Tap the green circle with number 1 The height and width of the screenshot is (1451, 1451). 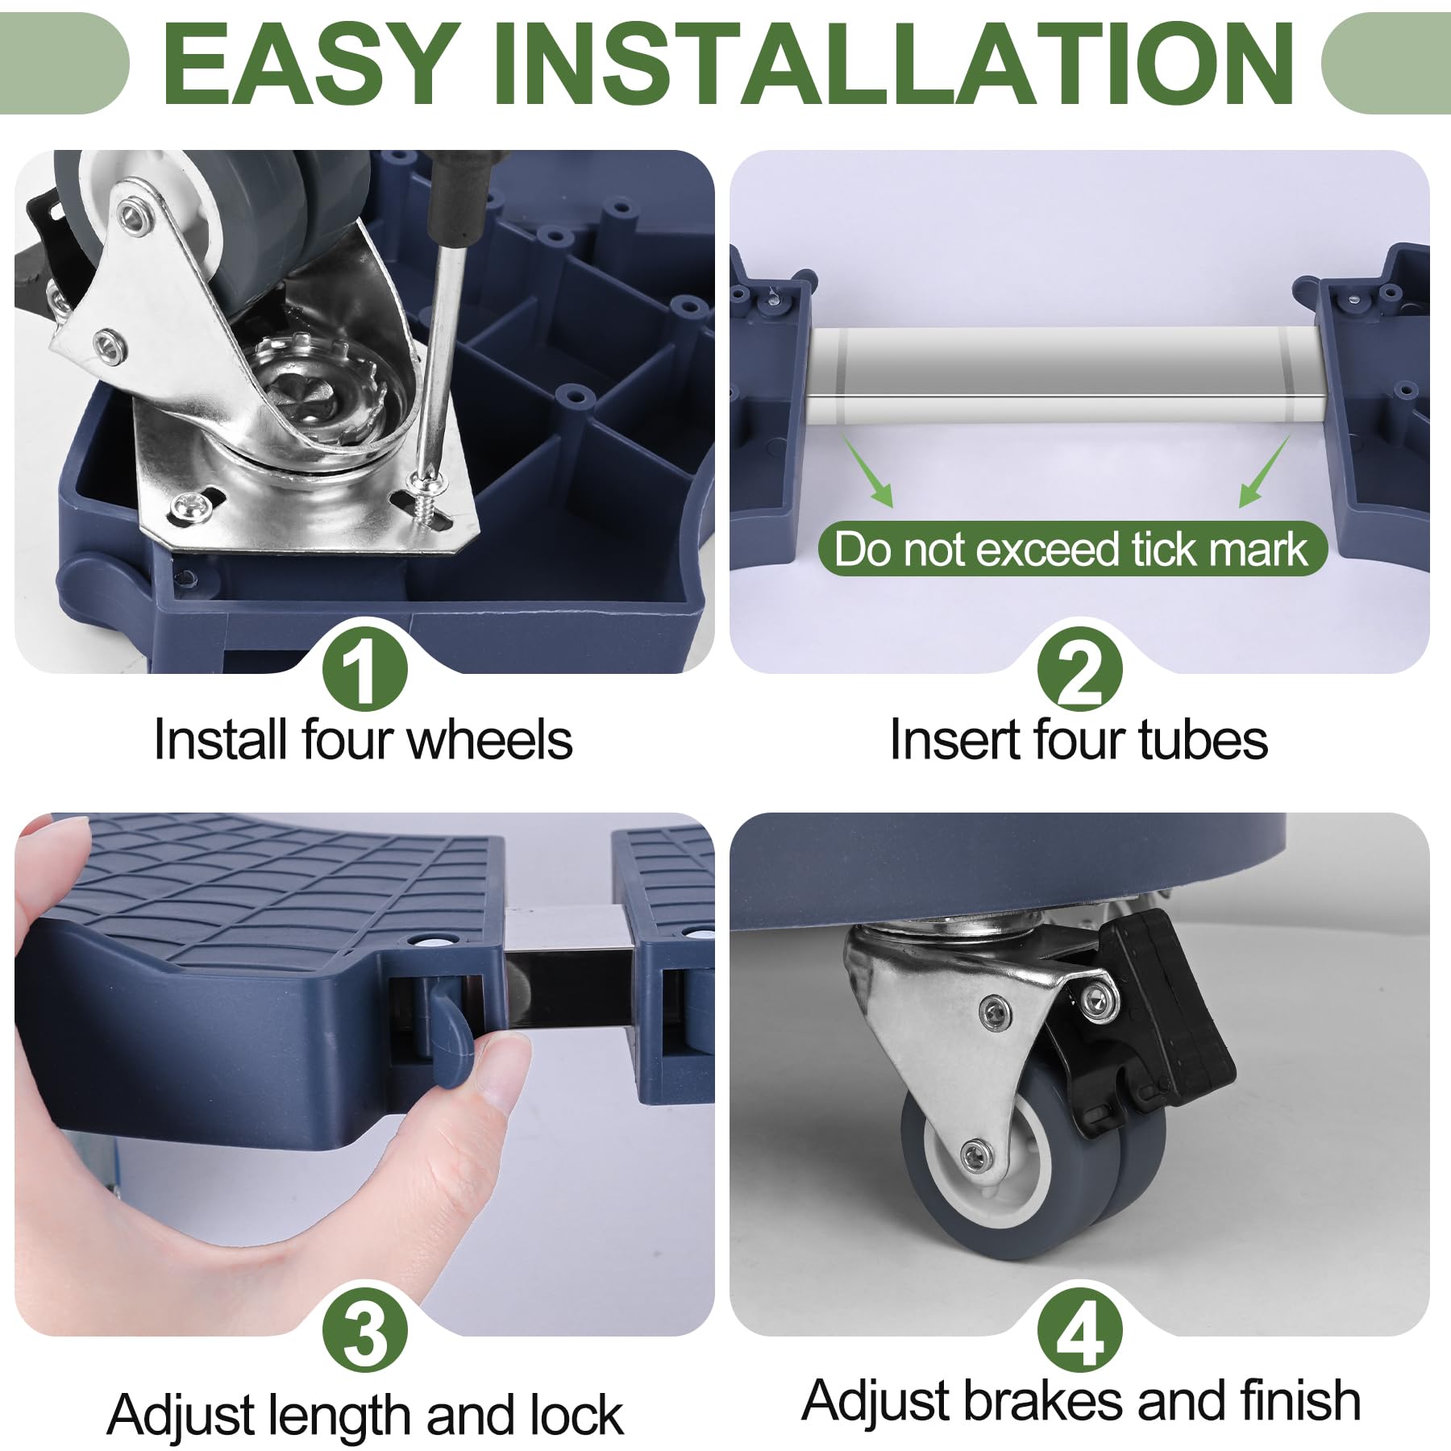click(364, 668)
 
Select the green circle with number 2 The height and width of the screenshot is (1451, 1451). click(1079, 668)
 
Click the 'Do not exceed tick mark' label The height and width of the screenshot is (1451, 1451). click(1072, 549)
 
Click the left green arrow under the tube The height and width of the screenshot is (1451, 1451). click(869, 472)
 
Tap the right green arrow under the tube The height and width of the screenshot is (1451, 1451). click(1265, 472)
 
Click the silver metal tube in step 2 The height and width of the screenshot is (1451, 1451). click(1066, 375)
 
